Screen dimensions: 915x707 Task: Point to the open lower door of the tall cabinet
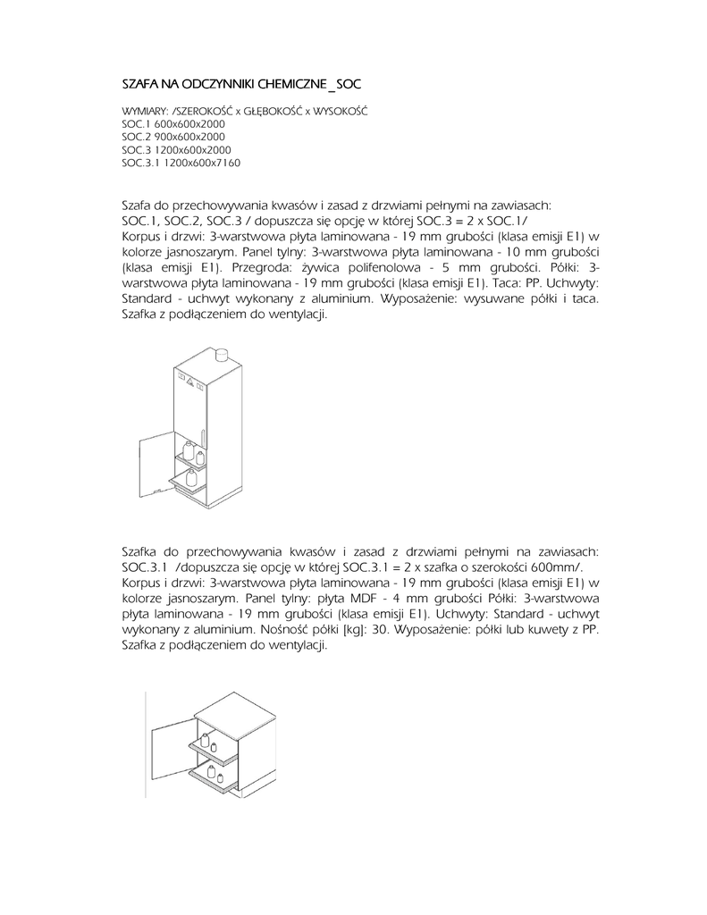[156, 457]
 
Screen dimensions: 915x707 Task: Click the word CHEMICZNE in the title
[290, 84]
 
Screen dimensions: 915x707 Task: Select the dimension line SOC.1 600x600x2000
[173, 122]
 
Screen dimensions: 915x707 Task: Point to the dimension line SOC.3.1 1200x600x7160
[181, 164]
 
